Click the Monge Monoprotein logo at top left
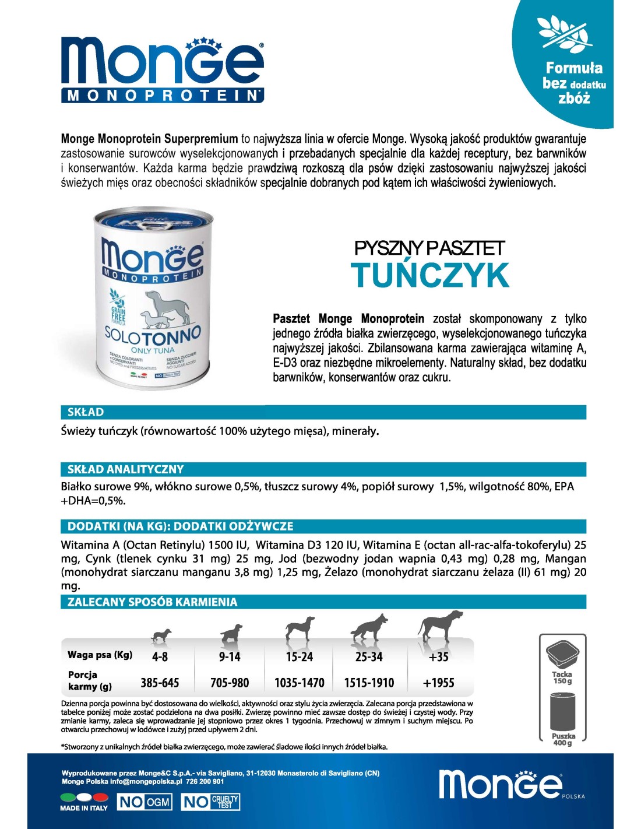point(162,70)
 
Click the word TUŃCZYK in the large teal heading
point(430,276)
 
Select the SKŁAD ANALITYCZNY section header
point(125,469)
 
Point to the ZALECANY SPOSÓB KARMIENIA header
point(153,602)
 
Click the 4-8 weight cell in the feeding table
point(160,657)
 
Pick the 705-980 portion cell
point(230,683)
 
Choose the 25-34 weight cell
point(369,657)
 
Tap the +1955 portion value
point(438,683)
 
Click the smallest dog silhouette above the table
point(161,635)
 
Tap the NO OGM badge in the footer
point(145,802)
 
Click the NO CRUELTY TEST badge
point(211,802)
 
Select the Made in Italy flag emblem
point(83,798)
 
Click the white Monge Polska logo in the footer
point(500,784)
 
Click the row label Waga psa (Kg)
point(100,655)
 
